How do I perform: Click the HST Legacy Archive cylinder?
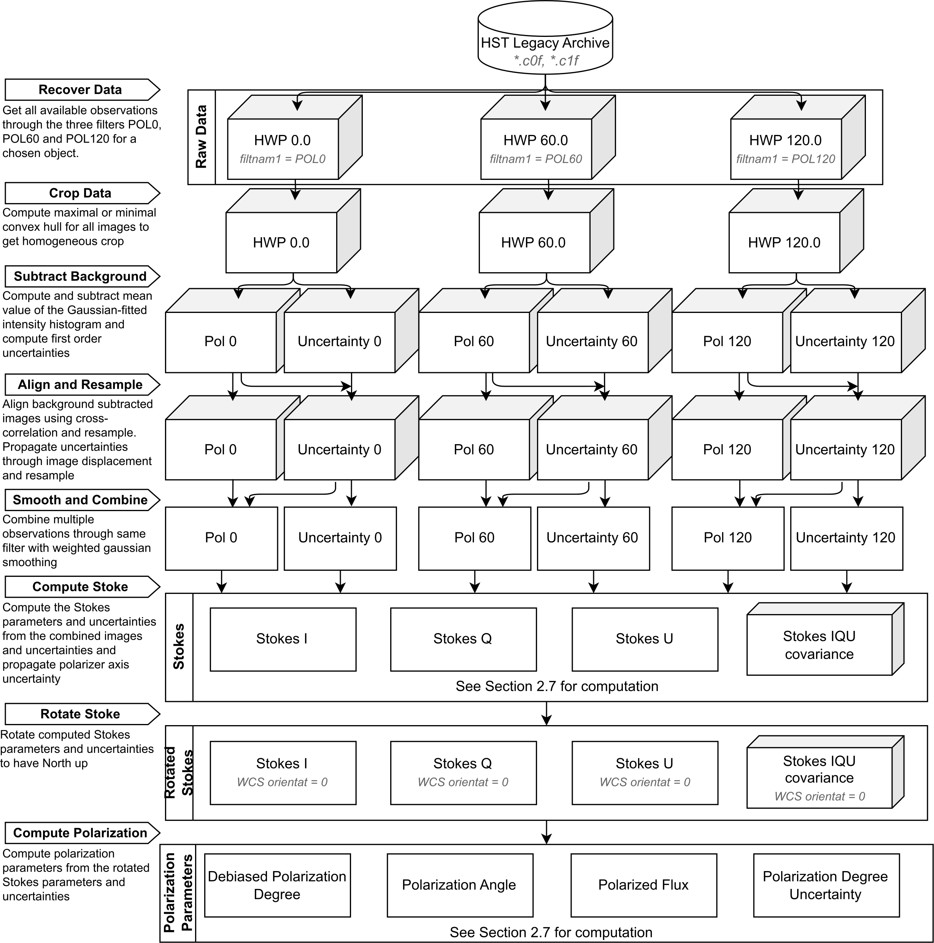tap(545, 41)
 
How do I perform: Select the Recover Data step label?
tap(80, 90)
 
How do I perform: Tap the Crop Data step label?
tap(80, 193)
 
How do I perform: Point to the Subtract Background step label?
tap(80, 277)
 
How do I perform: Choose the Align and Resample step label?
tap(80, 385)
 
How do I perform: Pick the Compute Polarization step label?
tap(80, 833)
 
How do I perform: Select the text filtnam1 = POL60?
tap(535, 159)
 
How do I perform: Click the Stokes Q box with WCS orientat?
tap(463, 773)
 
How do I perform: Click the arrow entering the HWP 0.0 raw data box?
tap(297, 103)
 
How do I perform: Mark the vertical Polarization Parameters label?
tap(178, 893)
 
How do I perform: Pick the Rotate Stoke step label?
tap(80, 714)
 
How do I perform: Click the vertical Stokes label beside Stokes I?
tap(179, 647)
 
